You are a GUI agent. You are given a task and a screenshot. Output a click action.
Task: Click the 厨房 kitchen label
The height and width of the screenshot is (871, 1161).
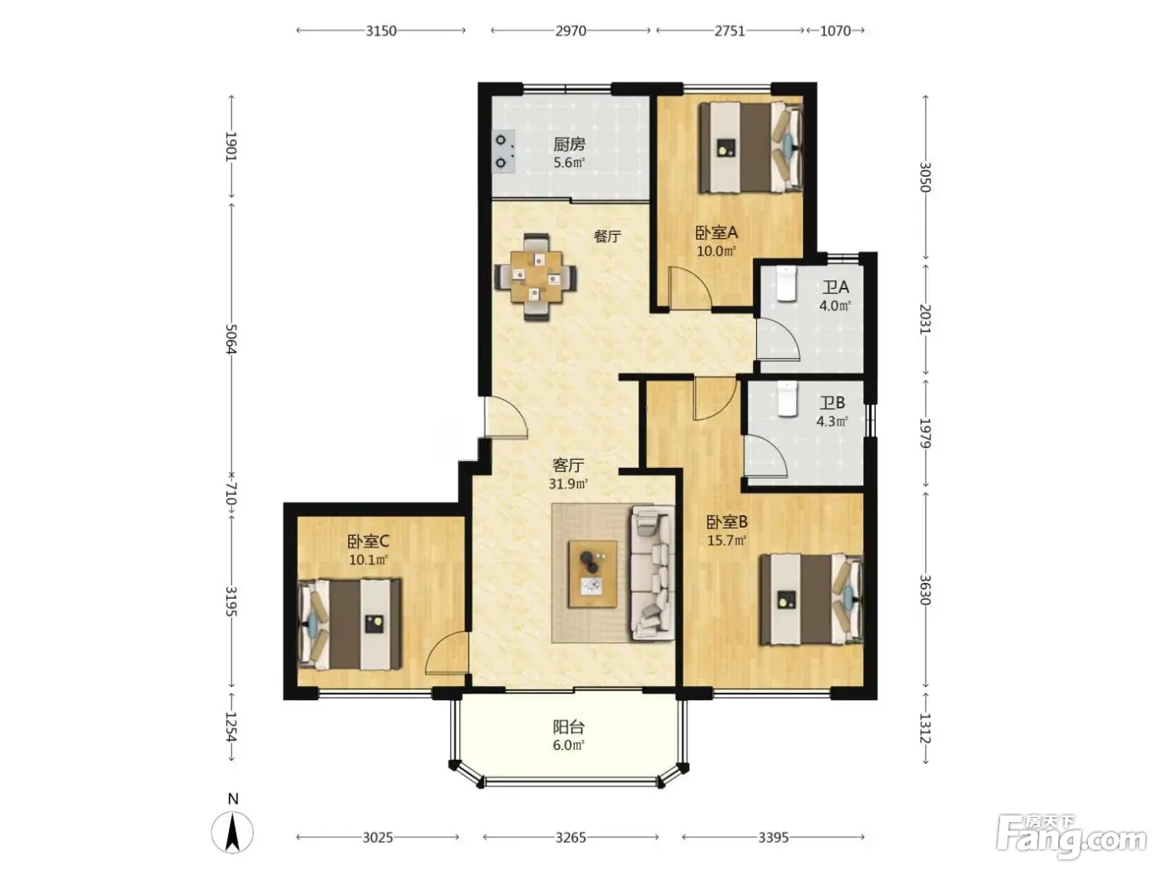tap(569, 144)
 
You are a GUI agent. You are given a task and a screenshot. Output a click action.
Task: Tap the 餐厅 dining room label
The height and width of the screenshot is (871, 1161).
tap(607, 236)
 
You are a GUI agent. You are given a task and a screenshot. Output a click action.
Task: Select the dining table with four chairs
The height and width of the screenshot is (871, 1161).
tap(536, 276)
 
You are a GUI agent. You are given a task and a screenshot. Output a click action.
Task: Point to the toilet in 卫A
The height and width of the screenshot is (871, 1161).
tap(786, 284)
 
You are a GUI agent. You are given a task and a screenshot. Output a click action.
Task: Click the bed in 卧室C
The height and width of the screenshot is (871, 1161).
tap(349, 625)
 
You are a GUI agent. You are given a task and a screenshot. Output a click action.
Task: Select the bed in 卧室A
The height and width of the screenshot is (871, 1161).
tap(751, 147)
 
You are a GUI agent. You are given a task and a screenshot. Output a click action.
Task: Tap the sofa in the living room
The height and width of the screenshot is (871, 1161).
tap(653, 573)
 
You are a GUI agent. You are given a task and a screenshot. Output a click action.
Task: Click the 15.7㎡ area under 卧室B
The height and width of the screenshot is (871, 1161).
tap(726, 540)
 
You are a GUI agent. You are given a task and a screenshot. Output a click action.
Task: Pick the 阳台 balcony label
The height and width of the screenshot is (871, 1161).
tap(569, 727)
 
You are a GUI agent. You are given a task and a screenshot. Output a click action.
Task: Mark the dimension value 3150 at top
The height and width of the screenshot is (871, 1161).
tap(381, 31)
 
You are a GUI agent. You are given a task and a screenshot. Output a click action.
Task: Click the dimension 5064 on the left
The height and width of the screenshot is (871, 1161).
tap(231, 339)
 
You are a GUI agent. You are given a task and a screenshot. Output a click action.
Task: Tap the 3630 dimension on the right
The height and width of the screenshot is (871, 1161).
tap(925, 590)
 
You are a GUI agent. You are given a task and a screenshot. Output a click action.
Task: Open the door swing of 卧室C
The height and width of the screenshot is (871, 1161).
tap(446, 653)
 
